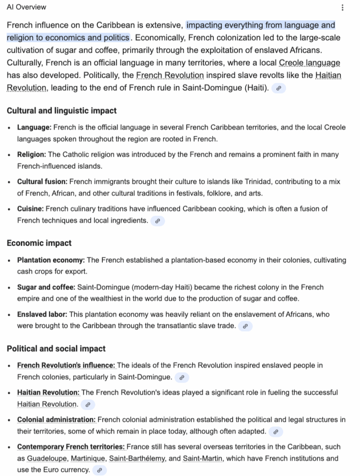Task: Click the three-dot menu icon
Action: [x=343, y=7]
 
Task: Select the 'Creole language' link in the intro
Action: [x=309, y=63]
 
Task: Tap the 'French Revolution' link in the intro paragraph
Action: [x=170, y=75]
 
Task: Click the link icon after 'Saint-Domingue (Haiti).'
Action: [x=278, y=88]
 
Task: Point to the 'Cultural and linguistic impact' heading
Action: [x=62, y=111]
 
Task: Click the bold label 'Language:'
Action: [x=34, y=127]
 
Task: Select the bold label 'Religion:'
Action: [x=32, y=154]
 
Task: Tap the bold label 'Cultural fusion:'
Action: [x=42, y=182]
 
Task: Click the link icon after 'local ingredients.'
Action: [x=158, y=221]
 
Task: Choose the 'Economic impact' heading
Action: [x=39, y=243]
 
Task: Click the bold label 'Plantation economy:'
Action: [x=51, y=260]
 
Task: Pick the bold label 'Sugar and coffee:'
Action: [x=46, y=287]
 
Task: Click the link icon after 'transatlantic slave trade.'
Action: [x=245, y=326]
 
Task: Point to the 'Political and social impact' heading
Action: [x=56, y=349]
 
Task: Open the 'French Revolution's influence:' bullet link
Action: [x=66, y=365]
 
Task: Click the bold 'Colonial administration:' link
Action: [x=56, y=420]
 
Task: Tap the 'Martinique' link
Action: [x=87, y=459]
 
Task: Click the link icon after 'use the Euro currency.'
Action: [x=99, y=470]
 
